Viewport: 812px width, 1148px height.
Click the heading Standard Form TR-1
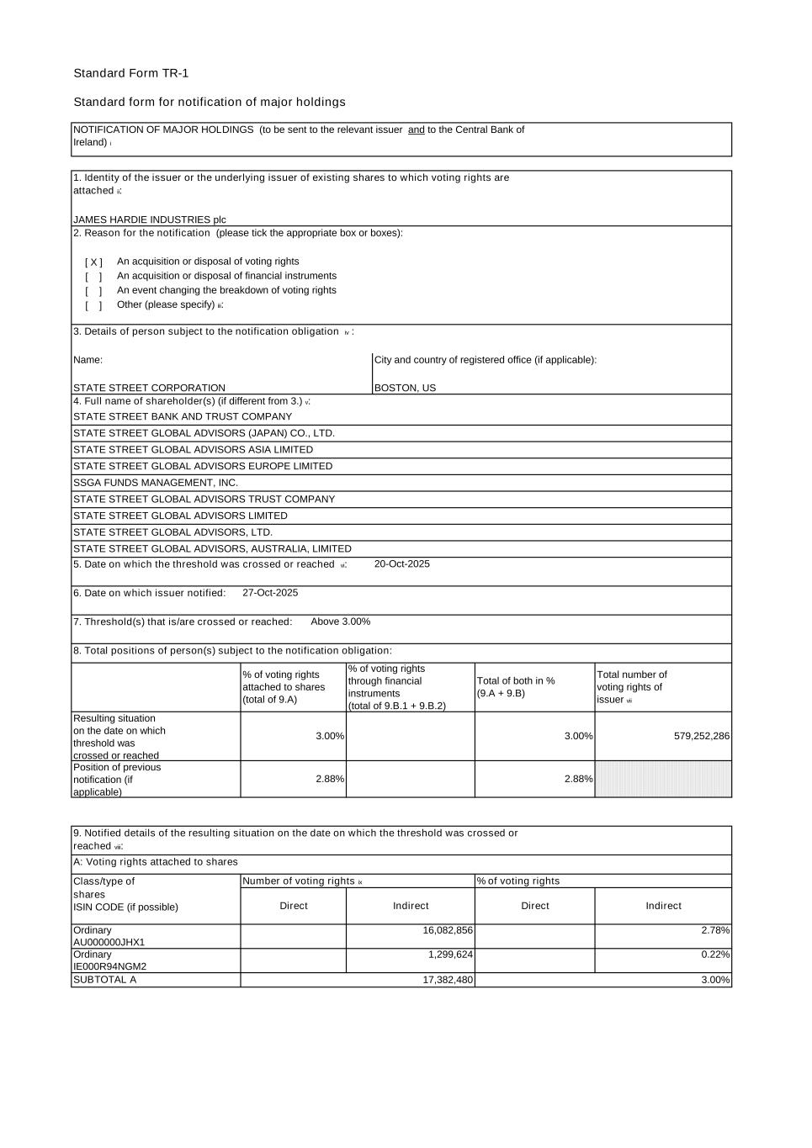click(x=130, y=73)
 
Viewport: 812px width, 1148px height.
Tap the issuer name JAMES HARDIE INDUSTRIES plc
click(x=149, y=220)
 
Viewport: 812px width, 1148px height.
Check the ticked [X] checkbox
click(x=93, y=262)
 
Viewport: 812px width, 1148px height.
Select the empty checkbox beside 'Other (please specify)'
click(x=93, y=305)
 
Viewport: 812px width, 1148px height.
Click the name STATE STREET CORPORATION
click(x=149, y=388)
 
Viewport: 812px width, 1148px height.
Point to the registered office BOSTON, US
click(x=405, y=388)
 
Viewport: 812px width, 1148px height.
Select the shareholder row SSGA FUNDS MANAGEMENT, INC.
click(x=156, y=483)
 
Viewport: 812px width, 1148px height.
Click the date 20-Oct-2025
click(x=401, y=564)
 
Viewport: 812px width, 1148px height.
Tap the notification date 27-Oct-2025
click(x=270, y=593)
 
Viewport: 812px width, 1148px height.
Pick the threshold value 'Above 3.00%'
click(x=340, y=622)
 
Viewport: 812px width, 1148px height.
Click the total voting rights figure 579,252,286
click(x=701, y=736)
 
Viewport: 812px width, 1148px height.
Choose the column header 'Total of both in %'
click(x=515, y=681)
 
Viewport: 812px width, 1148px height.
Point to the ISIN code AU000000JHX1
click(x=109, y=943)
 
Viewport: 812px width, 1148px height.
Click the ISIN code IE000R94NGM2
click(x=109, y=967)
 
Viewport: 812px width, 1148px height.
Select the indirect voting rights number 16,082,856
click(x=448, y=930)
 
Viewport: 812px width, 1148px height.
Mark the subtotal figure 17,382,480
click(x=448, y=980)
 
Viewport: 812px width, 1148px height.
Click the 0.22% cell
click(x=715, y=955)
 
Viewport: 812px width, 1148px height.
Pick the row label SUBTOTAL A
click(x=104, y=980)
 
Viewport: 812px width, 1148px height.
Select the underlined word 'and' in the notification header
click(x=416, y=130)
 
